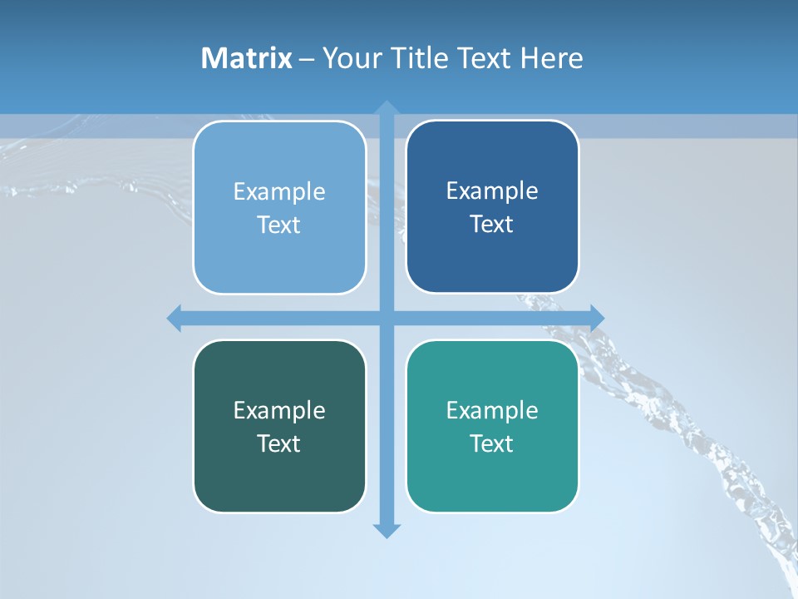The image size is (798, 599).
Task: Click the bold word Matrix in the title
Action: [247, 58]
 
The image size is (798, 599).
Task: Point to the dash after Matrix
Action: [307, 59]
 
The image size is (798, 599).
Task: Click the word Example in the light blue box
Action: [279, 192]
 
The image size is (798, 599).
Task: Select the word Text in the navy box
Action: [492, 225]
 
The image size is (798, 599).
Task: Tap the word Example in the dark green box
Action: [279, 411]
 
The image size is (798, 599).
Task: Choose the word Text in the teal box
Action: [492, 443]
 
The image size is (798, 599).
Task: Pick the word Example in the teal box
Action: [492, 411]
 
